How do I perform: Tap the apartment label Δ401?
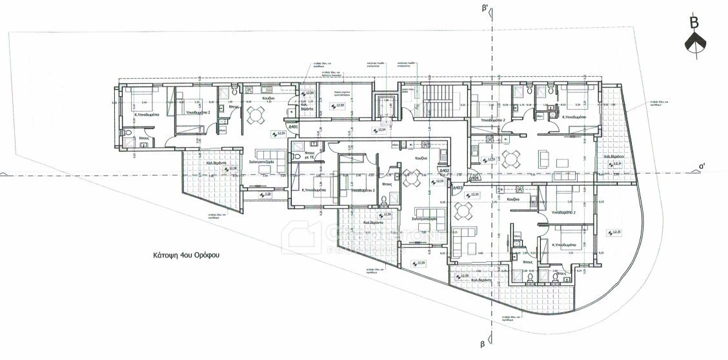pos(293,128)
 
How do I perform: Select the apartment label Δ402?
pos(444,171)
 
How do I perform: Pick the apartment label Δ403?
pos(458,187)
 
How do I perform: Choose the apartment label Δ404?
pos(474,178)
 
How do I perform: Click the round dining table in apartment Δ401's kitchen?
pos(256,114)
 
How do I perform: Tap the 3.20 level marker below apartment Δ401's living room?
pos(265,194)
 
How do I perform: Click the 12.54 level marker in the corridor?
pos(380,130)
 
